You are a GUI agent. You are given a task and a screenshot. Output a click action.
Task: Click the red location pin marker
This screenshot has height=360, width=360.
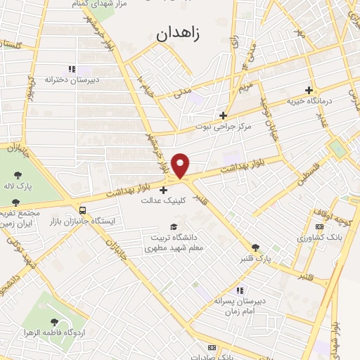tap(181, 165)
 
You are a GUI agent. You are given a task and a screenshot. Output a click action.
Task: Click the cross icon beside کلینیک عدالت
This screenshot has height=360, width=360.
tap(164, 190)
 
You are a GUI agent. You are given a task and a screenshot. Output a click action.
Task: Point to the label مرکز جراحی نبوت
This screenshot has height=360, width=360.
tap(224, 127)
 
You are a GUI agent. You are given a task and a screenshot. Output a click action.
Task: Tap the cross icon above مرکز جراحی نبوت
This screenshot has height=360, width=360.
tap(224, 115)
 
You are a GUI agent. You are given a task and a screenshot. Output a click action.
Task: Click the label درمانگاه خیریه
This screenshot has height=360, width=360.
tap(308, 101)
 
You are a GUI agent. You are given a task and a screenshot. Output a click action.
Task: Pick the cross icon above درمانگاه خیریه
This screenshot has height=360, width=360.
tap(308, 90)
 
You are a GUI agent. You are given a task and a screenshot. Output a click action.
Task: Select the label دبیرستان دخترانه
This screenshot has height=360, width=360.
tap(72, 80)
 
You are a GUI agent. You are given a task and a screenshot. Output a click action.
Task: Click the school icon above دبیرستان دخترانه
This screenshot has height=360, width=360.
tap(71, 69)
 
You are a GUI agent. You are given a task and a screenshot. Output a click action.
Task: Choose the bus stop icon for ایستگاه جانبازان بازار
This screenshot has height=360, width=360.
tap(84, 210)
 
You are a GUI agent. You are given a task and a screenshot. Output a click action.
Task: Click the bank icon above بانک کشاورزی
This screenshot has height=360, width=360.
tap(320, 226)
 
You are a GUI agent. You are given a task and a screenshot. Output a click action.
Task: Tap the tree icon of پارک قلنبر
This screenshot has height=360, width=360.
tap(255, 247)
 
